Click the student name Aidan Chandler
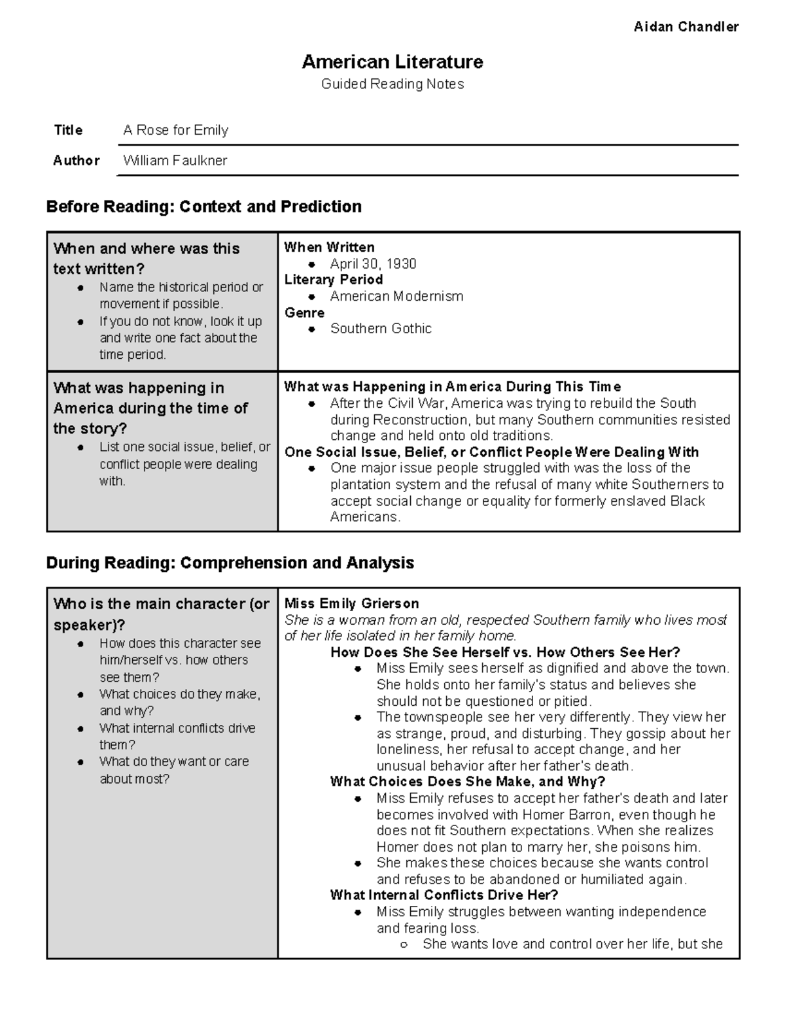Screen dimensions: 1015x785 (686, 27)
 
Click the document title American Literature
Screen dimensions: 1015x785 (392, 62)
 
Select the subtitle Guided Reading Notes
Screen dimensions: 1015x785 (392, 84)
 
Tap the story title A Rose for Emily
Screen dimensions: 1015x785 (175, 130)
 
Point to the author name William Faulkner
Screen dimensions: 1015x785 (175, 161)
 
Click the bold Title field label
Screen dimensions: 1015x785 (68, 130)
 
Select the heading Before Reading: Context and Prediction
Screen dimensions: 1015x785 (203, 207)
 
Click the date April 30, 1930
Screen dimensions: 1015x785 (373, 264)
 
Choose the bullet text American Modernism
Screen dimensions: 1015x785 (396, 296)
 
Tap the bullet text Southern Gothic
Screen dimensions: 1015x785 (381, 329)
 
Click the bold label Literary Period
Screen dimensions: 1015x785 (333, 280)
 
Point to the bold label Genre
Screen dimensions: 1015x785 (304, 312)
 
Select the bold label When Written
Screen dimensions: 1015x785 (329, 247)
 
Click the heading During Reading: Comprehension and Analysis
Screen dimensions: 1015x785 (230, 563)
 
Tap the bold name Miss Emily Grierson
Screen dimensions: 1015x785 (351, 603)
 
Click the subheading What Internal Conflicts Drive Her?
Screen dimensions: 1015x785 (444, 895)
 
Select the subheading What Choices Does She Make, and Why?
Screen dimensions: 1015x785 (467, 782)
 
